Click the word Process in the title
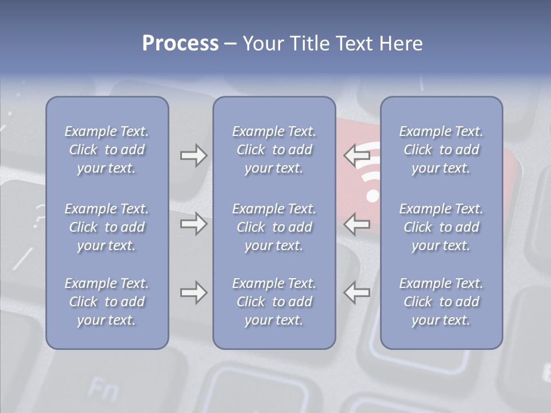[x=180, y=44]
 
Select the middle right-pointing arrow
[x=193, y=223]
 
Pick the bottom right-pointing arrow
[x=193, y=293]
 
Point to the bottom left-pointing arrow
[x=357, y=293]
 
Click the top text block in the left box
[x=107, y=150]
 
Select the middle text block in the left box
[x=107, y=227]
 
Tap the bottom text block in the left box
[x=107, y=302]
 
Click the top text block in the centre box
[x=274, y=150]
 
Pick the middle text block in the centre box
[x=274, y=227]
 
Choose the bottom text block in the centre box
[x=274, y=302]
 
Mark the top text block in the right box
[x=441, y=150]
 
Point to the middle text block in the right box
[x=441, y=227]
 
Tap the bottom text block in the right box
[x=441, y=302]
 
